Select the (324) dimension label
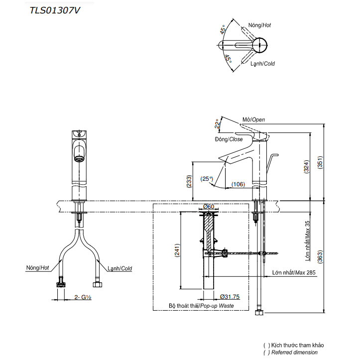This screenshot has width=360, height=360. coord(306,167)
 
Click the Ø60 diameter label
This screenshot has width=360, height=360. coord(209,207)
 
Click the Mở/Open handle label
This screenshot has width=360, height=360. coord(254,120)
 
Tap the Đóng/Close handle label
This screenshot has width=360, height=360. coord(229,139)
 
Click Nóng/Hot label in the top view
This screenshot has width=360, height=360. coord(259,25)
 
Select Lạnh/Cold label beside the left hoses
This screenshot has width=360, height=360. coord(120,268)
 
